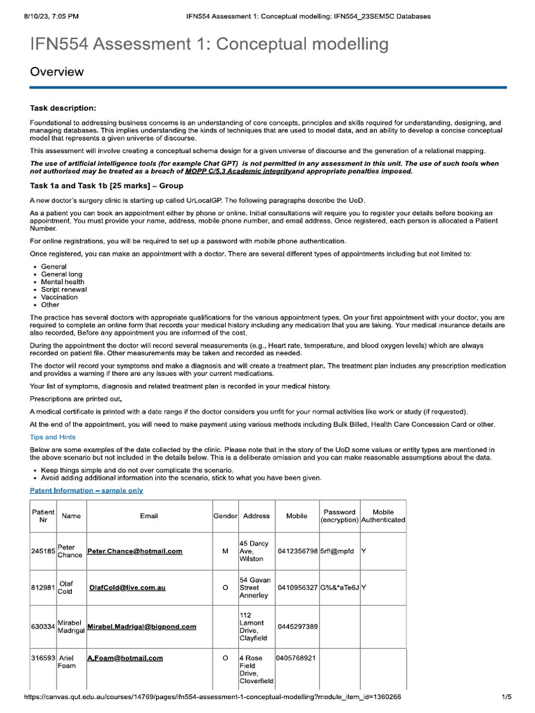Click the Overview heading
(x=56, y=72)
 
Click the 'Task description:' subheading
(x=63, y=108)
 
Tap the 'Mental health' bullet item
(x=63, y=282)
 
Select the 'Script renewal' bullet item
(x=64, y=290)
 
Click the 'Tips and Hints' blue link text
(x=53, y=437)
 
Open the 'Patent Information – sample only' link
(x=86, y=490)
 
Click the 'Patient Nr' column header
(x=43, y=516)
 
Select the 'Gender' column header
(x=225, y=516)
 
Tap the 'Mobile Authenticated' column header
(x=383, y=516)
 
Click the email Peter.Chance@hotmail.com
(x=134, y=551)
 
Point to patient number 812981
(x=43, y=588)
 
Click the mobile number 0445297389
(x=297, y=627)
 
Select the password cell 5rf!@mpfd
(x=337, y=551)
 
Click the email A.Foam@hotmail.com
(x=125, y=658)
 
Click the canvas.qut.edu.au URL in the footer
(x=212, y=697)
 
